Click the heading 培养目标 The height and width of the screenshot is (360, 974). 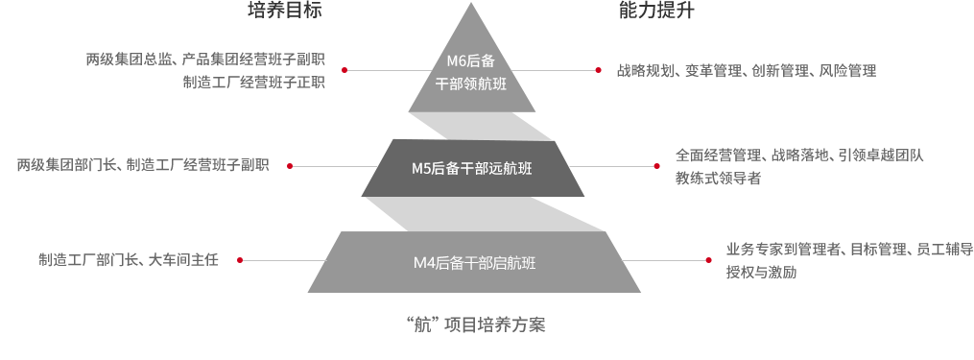tap(284, 12)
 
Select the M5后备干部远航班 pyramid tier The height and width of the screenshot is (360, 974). tap(471, 168)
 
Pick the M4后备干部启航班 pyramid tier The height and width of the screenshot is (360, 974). tap(474, 262)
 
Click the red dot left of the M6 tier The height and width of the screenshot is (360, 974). tap(344, 70)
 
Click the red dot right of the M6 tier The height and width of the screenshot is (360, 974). tap(598, 70)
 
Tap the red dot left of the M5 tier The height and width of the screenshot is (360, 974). tap(290, 166)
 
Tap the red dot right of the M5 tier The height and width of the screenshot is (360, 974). tap(656, 166)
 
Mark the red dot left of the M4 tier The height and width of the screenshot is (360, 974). tap(240, 260)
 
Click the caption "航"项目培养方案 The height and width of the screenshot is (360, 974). tap(476, 324)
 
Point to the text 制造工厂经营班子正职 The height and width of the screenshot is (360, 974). tap(253, 83)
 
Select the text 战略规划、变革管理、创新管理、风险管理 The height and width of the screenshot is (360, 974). tap(747, 71)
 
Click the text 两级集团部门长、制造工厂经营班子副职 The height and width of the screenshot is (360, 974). tap(142, 165)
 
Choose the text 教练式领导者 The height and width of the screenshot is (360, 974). tap(718, 179)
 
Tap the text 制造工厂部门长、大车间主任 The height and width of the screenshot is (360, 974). tap(129, 260)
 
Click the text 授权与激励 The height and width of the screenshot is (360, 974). tap(761, 273)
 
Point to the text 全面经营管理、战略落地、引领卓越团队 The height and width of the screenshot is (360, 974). tap(799, 155)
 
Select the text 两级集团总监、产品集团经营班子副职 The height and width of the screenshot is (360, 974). tap(205, 60)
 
